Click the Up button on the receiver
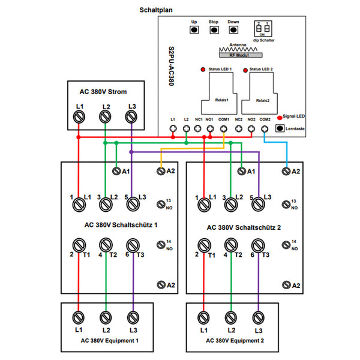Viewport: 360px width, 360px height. [194, 29]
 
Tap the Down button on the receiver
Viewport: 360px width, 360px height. [233, 29]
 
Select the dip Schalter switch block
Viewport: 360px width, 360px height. [262, 29]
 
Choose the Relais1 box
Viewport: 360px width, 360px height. [216, 95]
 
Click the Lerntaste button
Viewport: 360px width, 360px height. [280, 128]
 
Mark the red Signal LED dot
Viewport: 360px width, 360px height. [280, 118]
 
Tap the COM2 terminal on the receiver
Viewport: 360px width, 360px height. [265, 128]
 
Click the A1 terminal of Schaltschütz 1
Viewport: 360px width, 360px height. [117, 172]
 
